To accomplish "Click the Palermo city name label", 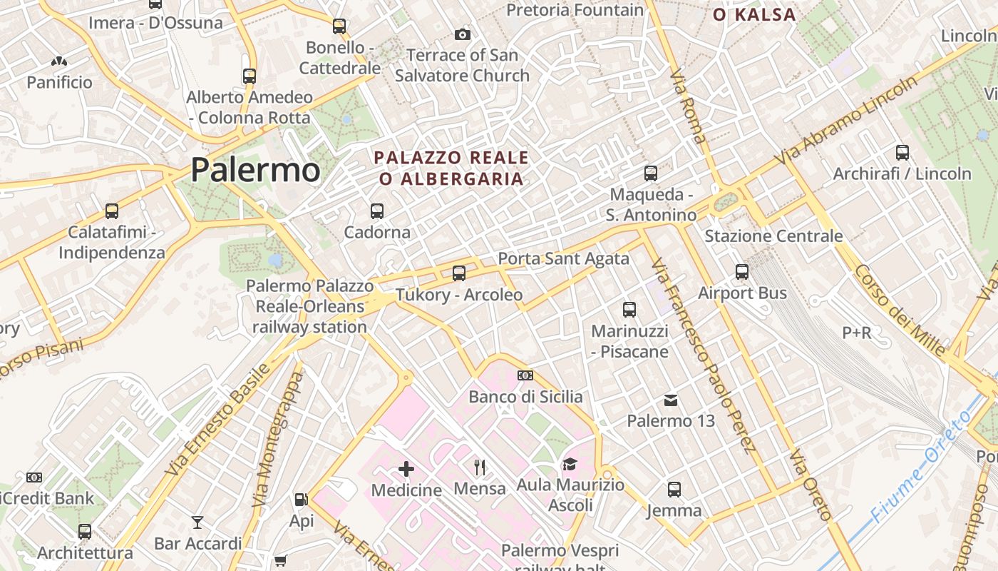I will click(x=255, y=170).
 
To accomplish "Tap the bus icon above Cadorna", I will click(x=377, y=211).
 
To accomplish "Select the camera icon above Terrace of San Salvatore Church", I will click(x=462, y=34).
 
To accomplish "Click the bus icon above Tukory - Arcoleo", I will click(x=459, y=273).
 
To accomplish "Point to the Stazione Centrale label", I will click(x=773, y=236).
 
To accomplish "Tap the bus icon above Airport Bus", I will click(x=742, y=272).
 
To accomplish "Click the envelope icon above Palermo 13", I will click(x=671, y=400).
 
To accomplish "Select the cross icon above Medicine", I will click(x=406, y=468).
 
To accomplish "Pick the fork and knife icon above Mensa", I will click(x=480, y=468).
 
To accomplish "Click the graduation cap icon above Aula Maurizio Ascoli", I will click(x=569, y=465).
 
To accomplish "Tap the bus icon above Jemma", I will click(x=674, y=490).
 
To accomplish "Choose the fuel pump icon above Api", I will click(x=302, y=500).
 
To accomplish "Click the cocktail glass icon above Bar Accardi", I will click(x=197, y=522).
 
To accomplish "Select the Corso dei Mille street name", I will click(x=900, y=311).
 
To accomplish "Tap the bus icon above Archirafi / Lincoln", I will click(x=902, y=153).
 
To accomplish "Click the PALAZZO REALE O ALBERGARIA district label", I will click(x=452, y=168).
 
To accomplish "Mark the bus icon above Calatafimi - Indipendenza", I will click(x=112, y=211).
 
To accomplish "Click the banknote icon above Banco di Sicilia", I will click(x=525, y=375).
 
